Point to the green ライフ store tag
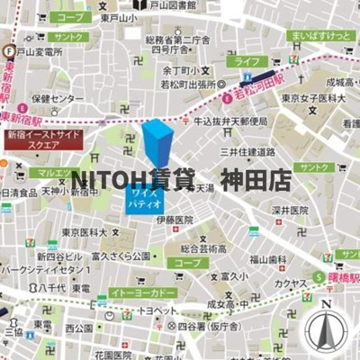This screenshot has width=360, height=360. pyautogui.click(x=243, y=61)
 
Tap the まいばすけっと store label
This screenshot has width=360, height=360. pyautogui.click(x=318, y=36)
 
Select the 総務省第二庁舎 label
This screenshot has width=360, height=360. pyautogui.click(x=175, y=40)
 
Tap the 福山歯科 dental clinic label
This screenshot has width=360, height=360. pyautogui.click(x=268, y=258)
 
